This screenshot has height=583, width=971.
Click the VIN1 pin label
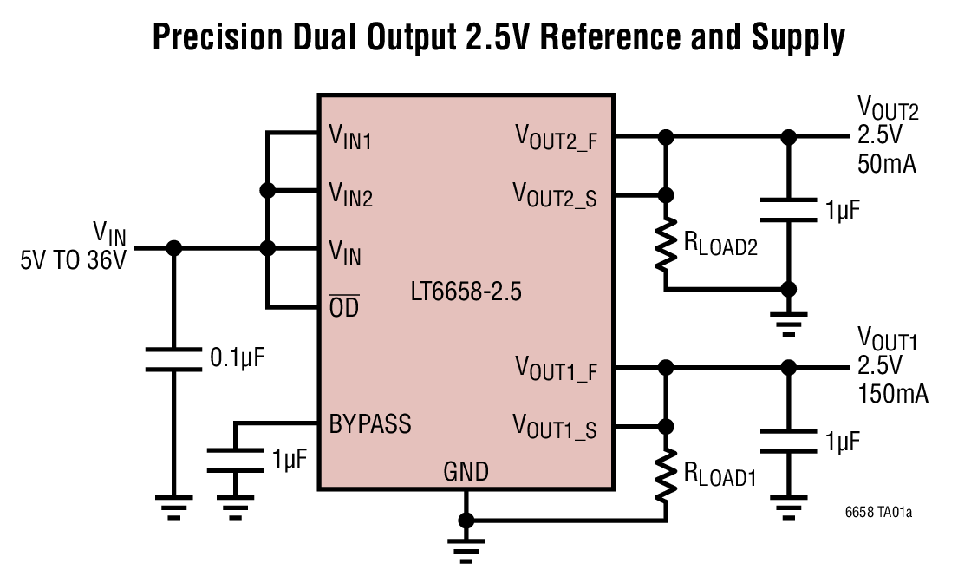350,137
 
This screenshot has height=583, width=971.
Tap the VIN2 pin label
350,193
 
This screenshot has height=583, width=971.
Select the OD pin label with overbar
344,307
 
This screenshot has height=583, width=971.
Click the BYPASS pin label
370,424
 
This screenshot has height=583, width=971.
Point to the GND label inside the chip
466,472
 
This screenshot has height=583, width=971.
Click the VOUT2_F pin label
556,137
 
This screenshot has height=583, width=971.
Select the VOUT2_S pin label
556,193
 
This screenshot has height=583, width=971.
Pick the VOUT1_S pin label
556,426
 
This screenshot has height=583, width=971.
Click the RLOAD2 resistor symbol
666,245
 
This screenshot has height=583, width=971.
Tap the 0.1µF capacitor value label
237,356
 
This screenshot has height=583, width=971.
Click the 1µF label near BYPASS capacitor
290,459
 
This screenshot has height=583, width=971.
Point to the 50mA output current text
887,164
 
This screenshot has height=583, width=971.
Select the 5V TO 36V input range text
74,260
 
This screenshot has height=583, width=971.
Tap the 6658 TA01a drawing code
878,513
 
